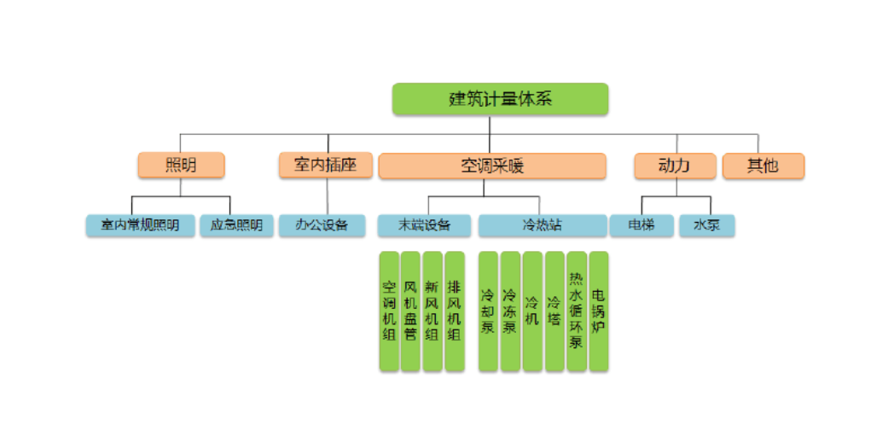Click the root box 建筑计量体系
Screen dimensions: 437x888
500,99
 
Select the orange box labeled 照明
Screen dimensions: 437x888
181,166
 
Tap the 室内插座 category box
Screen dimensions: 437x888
325,166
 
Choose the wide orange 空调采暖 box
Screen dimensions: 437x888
491,166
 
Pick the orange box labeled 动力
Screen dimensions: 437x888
674,166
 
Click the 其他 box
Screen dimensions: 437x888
763,166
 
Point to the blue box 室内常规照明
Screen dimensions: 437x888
140,225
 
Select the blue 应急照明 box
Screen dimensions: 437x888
236,225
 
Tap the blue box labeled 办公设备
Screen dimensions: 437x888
322,225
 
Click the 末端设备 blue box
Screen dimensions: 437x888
424,225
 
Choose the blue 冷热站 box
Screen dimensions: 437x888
542,225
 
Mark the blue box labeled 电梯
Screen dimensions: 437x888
641,225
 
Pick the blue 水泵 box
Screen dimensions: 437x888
706,225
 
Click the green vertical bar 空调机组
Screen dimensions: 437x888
389,311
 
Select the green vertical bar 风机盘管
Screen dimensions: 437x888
410,311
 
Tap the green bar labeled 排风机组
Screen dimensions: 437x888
455,311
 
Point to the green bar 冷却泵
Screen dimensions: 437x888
488,311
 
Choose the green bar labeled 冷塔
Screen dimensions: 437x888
554,311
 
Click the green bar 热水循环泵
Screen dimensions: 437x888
577,311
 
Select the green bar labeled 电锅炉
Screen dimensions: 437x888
599,311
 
